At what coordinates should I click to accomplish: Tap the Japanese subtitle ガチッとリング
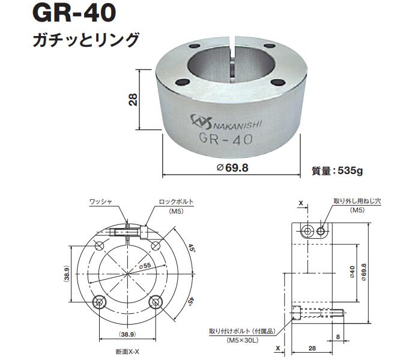click(x=85, y=40)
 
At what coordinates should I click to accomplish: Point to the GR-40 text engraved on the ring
click(x=226, y=139)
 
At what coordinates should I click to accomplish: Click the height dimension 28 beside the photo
click(x=133, y=99)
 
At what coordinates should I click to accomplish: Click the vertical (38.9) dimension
click(x=67, y=273)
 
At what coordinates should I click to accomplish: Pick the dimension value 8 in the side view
click(x=338, y=337)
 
